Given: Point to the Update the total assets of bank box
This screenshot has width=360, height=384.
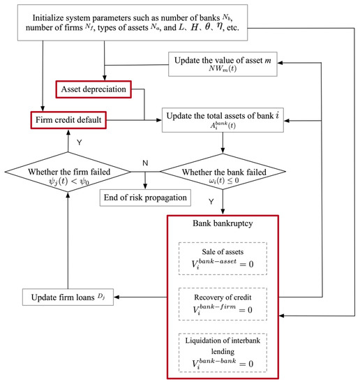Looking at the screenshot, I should click(x=222, y=119).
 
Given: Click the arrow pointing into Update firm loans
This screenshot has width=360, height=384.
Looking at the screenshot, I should click(x=126, y=299).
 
